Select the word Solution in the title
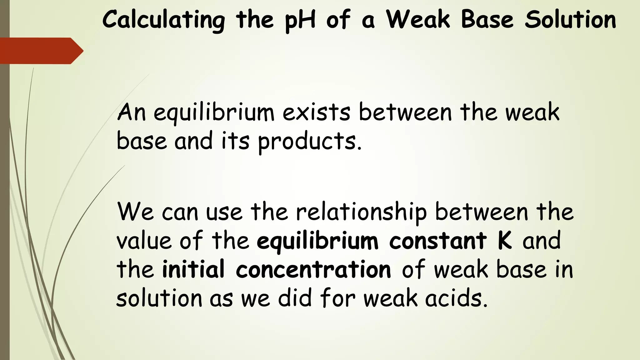pyautogui.click(x=570, y=20)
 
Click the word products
pyautogui.click(x=309, y=142)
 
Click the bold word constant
pyautogui.click(x=438, y=241)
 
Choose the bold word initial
pyautogui.click(x=193, y=269)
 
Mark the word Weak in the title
pyautogui.click(x=418, y=20)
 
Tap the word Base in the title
pyautogui.click(x=487, y=20)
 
